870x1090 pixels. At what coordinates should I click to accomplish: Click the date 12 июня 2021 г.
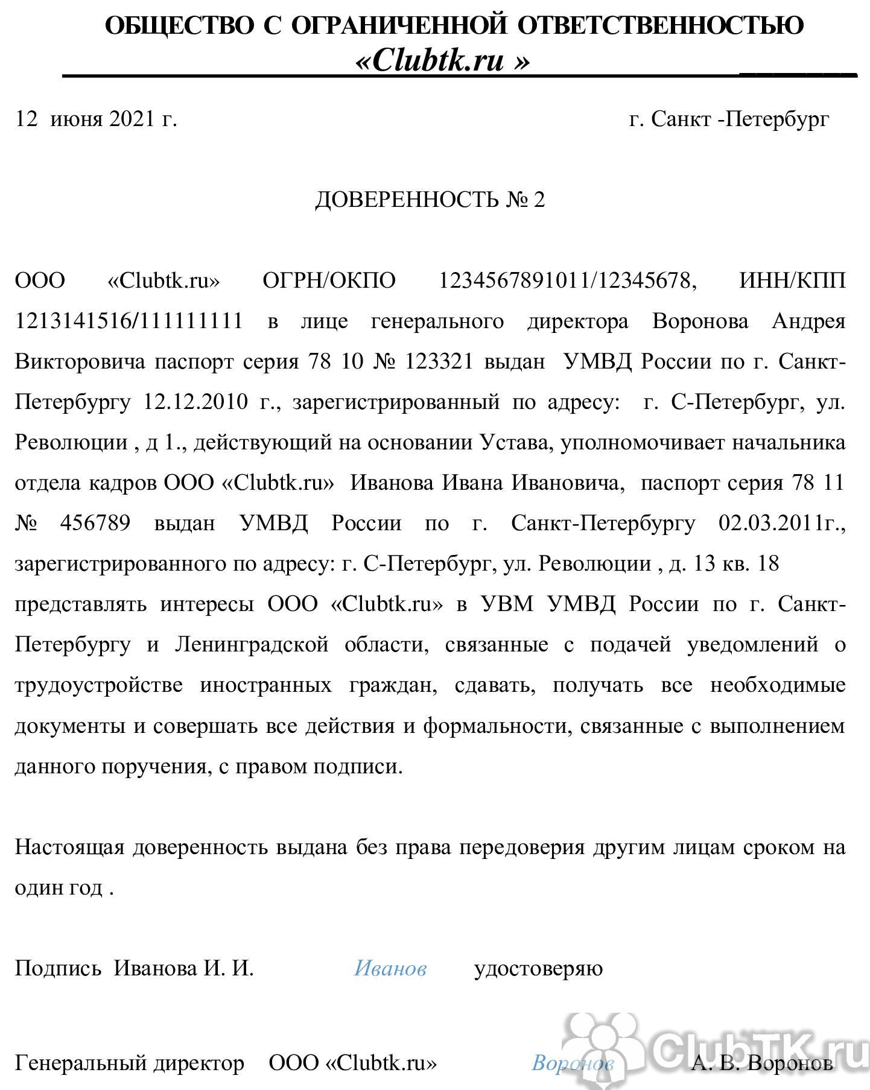96,119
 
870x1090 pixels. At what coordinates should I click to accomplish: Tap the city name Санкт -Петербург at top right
740,119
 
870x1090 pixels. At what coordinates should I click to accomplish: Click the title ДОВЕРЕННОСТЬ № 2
430,200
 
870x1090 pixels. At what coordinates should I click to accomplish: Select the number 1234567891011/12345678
567,280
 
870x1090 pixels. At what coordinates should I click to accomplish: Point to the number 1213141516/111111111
129,321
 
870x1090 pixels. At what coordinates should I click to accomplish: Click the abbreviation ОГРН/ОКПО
329,280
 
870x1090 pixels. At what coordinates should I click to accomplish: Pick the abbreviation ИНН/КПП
792,280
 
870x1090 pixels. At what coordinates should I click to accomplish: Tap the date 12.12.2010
195,402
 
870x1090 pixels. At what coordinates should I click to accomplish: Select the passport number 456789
95,523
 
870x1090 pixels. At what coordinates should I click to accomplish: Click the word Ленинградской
252,645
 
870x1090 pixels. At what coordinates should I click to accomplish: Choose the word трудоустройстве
98,685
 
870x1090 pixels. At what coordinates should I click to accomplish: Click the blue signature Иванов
390,968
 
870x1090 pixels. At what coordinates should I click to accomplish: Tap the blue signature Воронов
572,1062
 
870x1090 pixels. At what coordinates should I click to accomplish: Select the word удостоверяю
538,968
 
